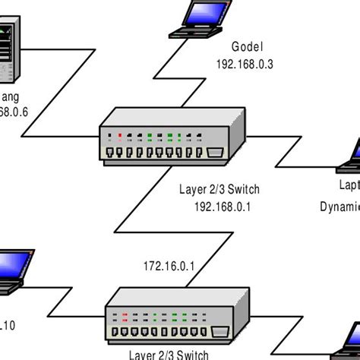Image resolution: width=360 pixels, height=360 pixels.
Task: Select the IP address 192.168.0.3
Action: pos(243,65)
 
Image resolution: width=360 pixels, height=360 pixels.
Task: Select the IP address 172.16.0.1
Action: pos(169,266)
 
